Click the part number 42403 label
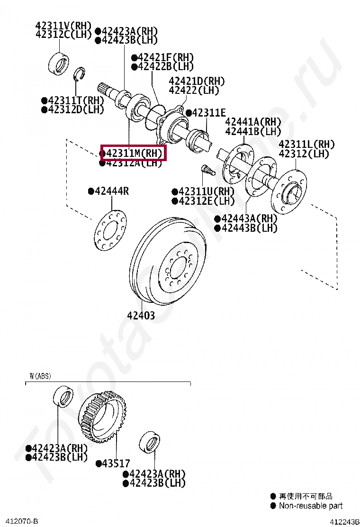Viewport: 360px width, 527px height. (x=140, y=315)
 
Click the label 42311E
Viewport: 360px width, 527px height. (x=209, y=113)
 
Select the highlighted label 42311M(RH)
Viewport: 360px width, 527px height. (x=133, y=153)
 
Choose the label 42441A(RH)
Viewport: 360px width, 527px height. (x=252, y=121)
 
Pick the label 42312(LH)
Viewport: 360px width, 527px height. (x=304, y=154)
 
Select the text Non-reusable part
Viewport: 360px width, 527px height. (x=310, y=506)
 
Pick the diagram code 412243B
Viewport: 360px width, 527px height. (x=342, y=521)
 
